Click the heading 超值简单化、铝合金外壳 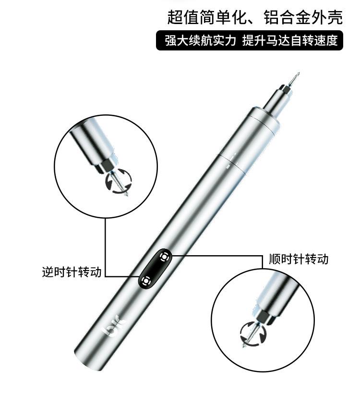(x=255, y=18)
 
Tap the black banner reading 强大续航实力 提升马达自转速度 (x=250, y=40)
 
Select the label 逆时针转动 (x=72, y=272)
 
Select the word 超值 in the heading (x=178, y=18)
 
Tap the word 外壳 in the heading (x=332, y=18)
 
